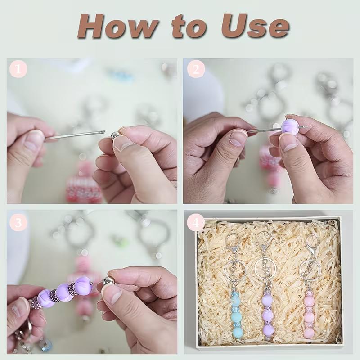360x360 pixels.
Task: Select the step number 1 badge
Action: tap(18, 69)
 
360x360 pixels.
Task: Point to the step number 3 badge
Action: tap(18, 222)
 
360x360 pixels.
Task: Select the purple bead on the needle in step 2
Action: tap(290, 127)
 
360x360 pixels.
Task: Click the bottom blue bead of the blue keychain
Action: tap(238, 332)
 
